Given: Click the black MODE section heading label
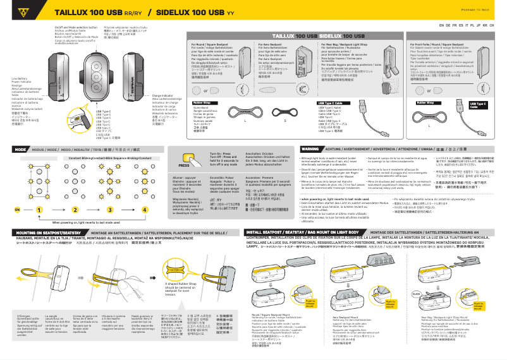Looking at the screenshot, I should [20, 149].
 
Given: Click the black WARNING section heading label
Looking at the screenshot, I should [292, 149].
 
